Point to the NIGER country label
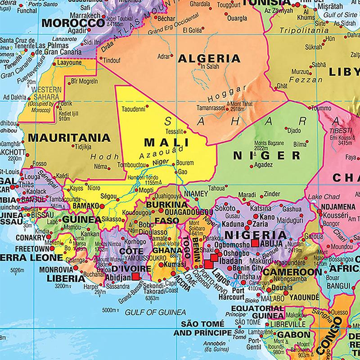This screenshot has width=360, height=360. (x=267, y=156)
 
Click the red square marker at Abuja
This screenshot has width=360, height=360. (x=255, y=243)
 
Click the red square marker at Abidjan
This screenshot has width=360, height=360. (x=135, y=278)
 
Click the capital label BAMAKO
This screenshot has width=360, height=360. (x=82, y=206)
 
